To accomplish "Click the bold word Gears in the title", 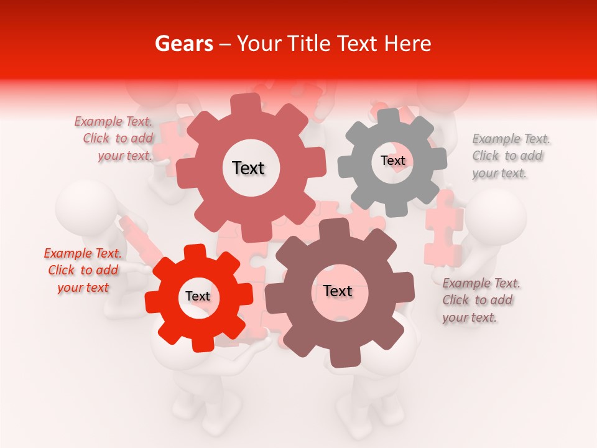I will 183,44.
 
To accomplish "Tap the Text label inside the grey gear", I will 392,161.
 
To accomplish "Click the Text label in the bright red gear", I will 198,296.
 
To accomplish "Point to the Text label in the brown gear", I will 338,291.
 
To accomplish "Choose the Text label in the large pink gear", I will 248,168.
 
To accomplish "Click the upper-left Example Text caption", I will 114,139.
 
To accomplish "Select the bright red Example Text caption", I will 83,270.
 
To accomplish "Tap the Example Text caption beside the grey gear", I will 511,156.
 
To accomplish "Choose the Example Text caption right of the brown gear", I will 481,300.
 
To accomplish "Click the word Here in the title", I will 409,44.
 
